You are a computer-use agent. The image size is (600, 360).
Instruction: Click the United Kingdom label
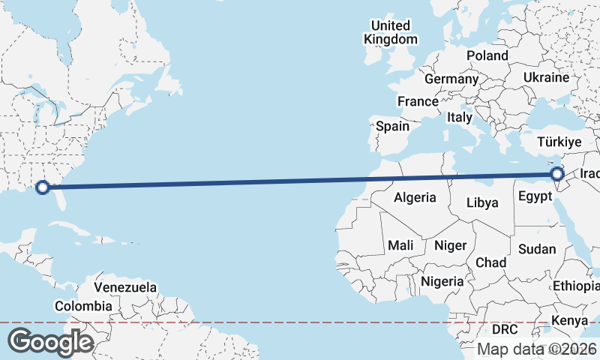pos(390,32)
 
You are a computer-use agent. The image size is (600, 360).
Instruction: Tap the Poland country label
pos(487,55)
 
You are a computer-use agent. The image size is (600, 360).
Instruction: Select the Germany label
pos(451,79)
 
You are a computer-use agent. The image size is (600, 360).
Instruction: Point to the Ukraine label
pos(546,77)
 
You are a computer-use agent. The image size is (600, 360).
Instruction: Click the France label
pos(418,101)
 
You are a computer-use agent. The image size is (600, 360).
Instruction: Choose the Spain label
pos(392,126)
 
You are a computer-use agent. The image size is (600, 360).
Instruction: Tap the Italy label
pos(459,118)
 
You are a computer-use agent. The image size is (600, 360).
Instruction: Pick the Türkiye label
pos(560,142)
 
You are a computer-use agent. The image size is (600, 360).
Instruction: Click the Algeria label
pos(415,198)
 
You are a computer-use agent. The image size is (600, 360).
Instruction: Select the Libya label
pos(481,202)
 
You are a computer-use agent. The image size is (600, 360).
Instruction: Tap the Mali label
pos(400,245)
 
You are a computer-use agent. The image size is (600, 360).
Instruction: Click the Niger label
pos(450,245)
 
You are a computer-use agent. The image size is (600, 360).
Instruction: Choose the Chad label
pos(490,262)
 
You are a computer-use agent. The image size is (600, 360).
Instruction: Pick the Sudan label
pos(538,249)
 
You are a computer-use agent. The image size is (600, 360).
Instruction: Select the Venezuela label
pos(125,287)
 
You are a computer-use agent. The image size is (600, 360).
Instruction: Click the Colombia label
pos(83,306)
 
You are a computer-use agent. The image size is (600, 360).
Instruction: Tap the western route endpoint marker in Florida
pos(43,187)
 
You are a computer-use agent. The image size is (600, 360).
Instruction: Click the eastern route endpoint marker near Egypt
pos(557,175)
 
